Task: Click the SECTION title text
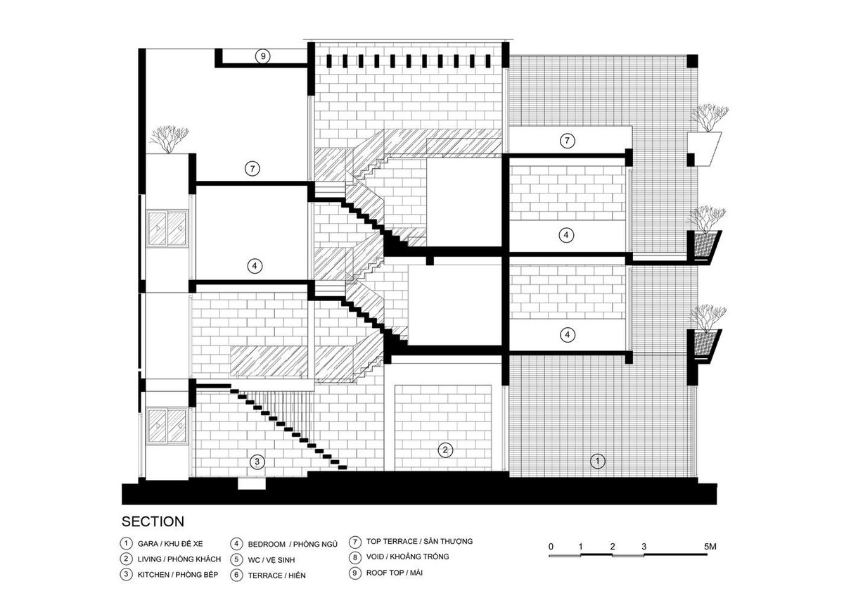[x=153, y=522]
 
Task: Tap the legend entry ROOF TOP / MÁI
[x=394, y=573]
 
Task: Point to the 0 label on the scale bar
[x=551, y=546]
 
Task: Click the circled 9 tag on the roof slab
[x=263, y=56]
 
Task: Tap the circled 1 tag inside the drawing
[x=597, y=461]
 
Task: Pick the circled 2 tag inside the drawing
[x=444, y=450]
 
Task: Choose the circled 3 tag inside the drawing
[x=258, y=462]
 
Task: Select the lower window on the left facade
[x=167, y=426]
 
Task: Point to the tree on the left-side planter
[x=169, y=139]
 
